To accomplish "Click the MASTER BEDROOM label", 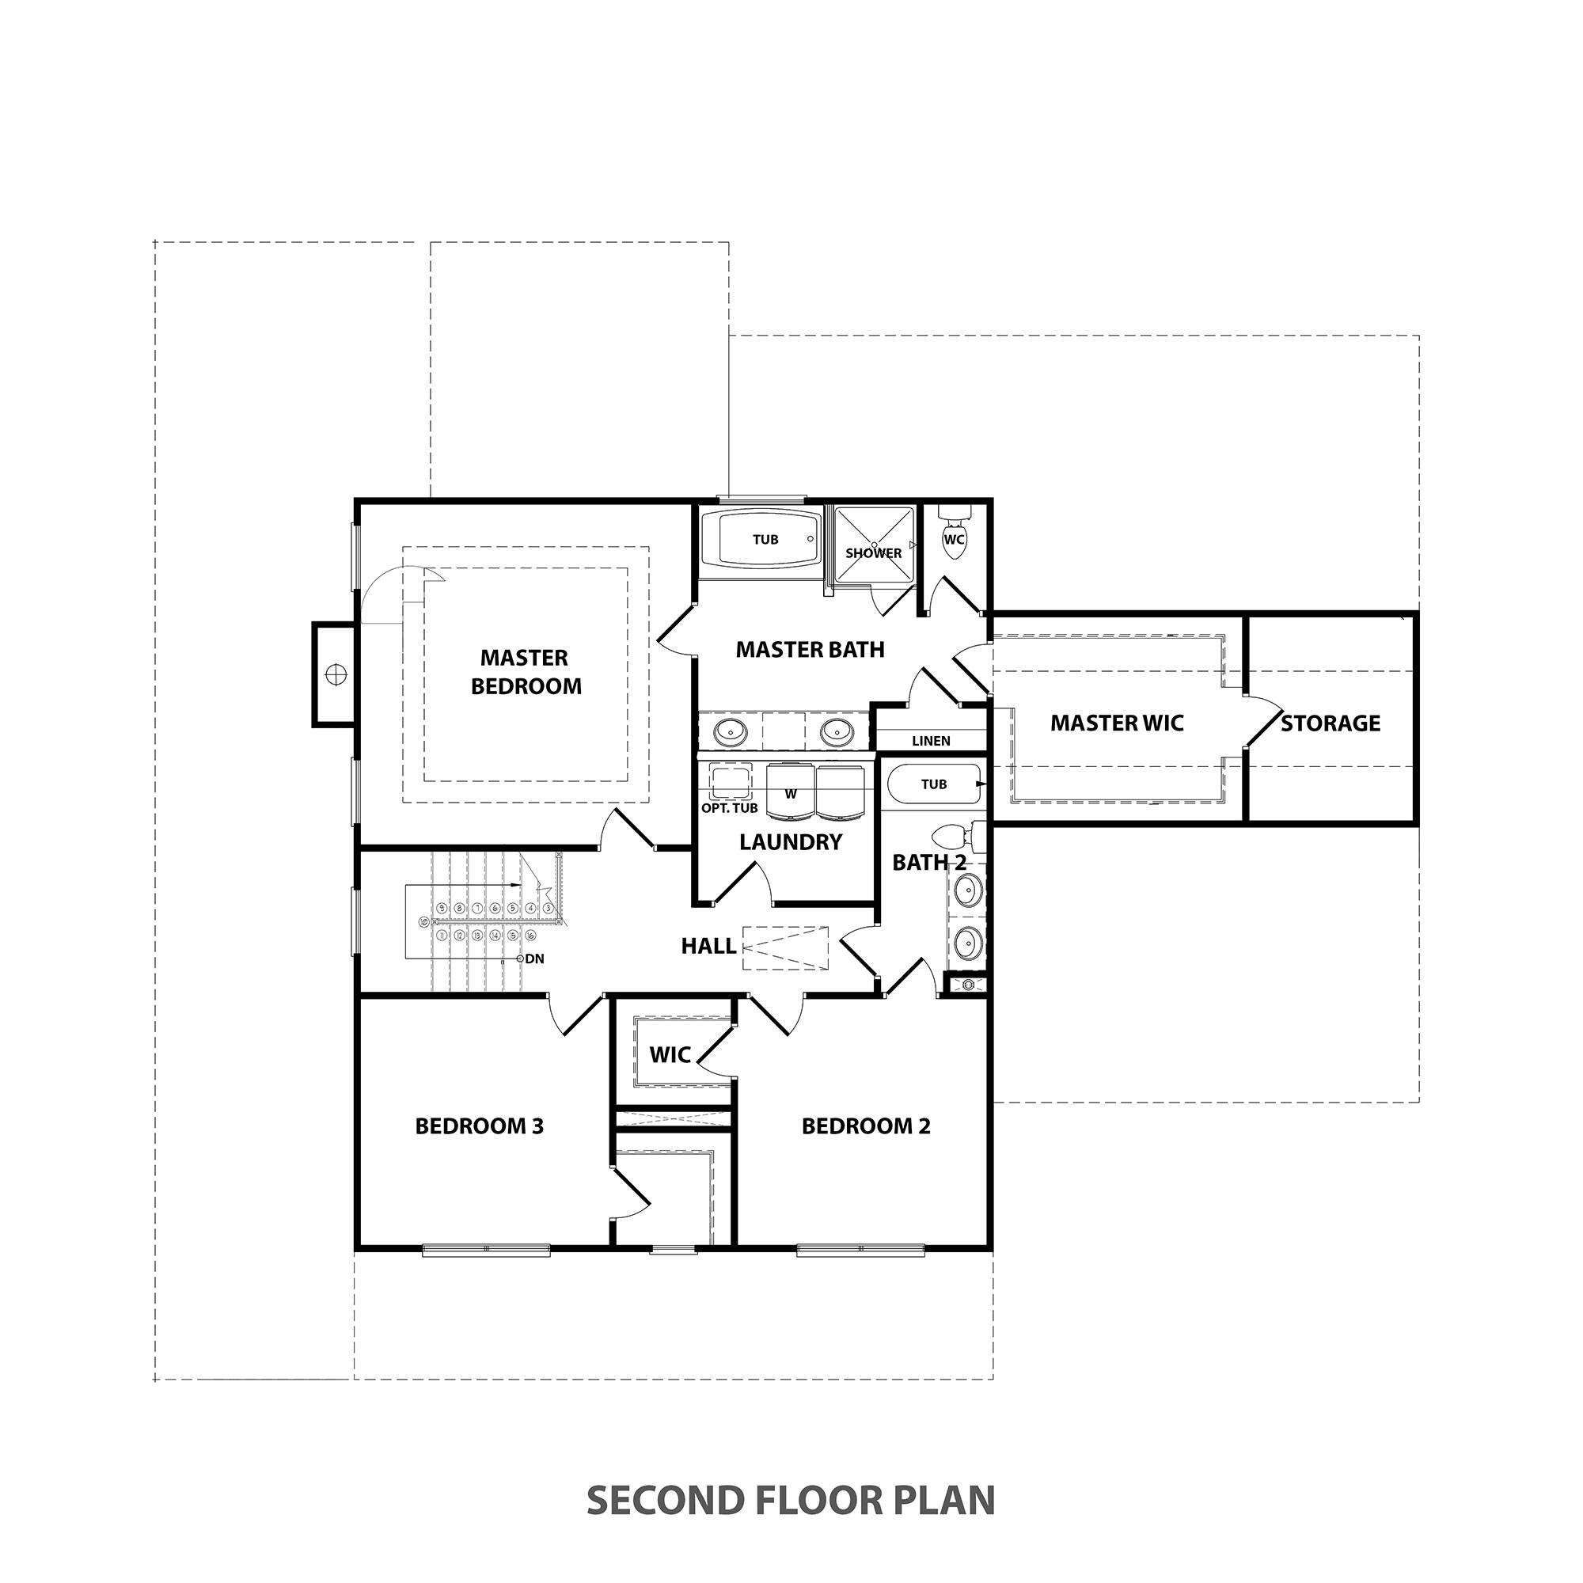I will (x=526, y=672).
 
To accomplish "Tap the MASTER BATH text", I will (x=810, y=650).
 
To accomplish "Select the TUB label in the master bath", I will (x=765, y=539).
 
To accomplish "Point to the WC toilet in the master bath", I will (x=954, y=539).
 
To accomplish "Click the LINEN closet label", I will (x=931, y=741).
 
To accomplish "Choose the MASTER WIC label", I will (x=1117, y=723).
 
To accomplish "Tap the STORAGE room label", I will (x=1330, y=723).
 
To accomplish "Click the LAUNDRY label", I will (x=790, y=842).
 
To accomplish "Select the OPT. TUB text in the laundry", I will (x=729, y=808).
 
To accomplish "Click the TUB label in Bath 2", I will (x=933, y=784).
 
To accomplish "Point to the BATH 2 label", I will (x=928, y=862).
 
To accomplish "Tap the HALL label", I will (x=708, y=946).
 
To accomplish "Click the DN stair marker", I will (x=533, y=958).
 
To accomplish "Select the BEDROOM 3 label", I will (x=480, y=1126).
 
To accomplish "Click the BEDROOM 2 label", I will (x=865, y=1126).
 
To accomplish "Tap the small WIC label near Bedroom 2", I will (x=670, y=1054).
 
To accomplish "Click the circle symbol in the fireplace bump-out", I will (x=336, y=674).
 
